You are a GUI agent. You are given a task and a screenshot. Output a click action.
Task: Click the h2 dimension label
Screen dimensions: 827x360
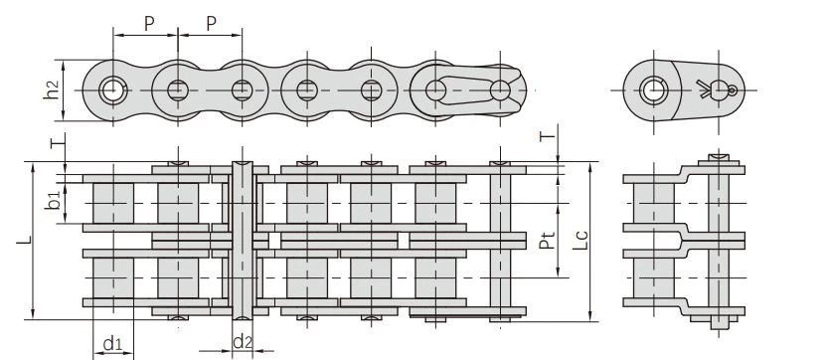tap(52, 90)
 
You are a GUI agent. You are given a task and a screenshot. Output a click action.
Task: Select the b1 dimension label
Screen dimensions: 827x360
tap(53, 201)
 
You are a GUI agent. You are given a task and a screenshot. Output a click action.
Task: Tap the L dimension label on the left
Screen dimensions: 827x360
tap(24, 241)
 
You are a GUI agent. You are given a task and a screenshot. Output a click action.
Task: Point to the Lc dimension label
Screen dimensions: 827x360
tap(580, 241)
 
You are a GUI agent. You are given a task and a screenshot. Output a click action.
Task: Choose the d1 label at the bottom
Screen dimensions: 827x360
tap(112, 344)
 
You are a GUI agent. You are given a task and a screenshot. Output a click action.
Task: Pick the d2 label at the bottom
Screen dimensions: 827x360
tap(243, 342)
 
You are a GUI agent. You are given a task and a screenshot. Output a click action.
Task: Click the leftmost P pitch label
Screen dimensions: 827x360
tap(149, 23)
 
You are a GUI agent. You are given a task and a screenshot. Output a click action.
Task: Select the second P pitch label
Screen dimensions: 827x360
tap(211, 23)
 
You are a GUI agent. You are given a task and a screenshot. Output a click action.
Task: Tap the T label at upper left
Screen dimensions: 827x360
tap(58, 141)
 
